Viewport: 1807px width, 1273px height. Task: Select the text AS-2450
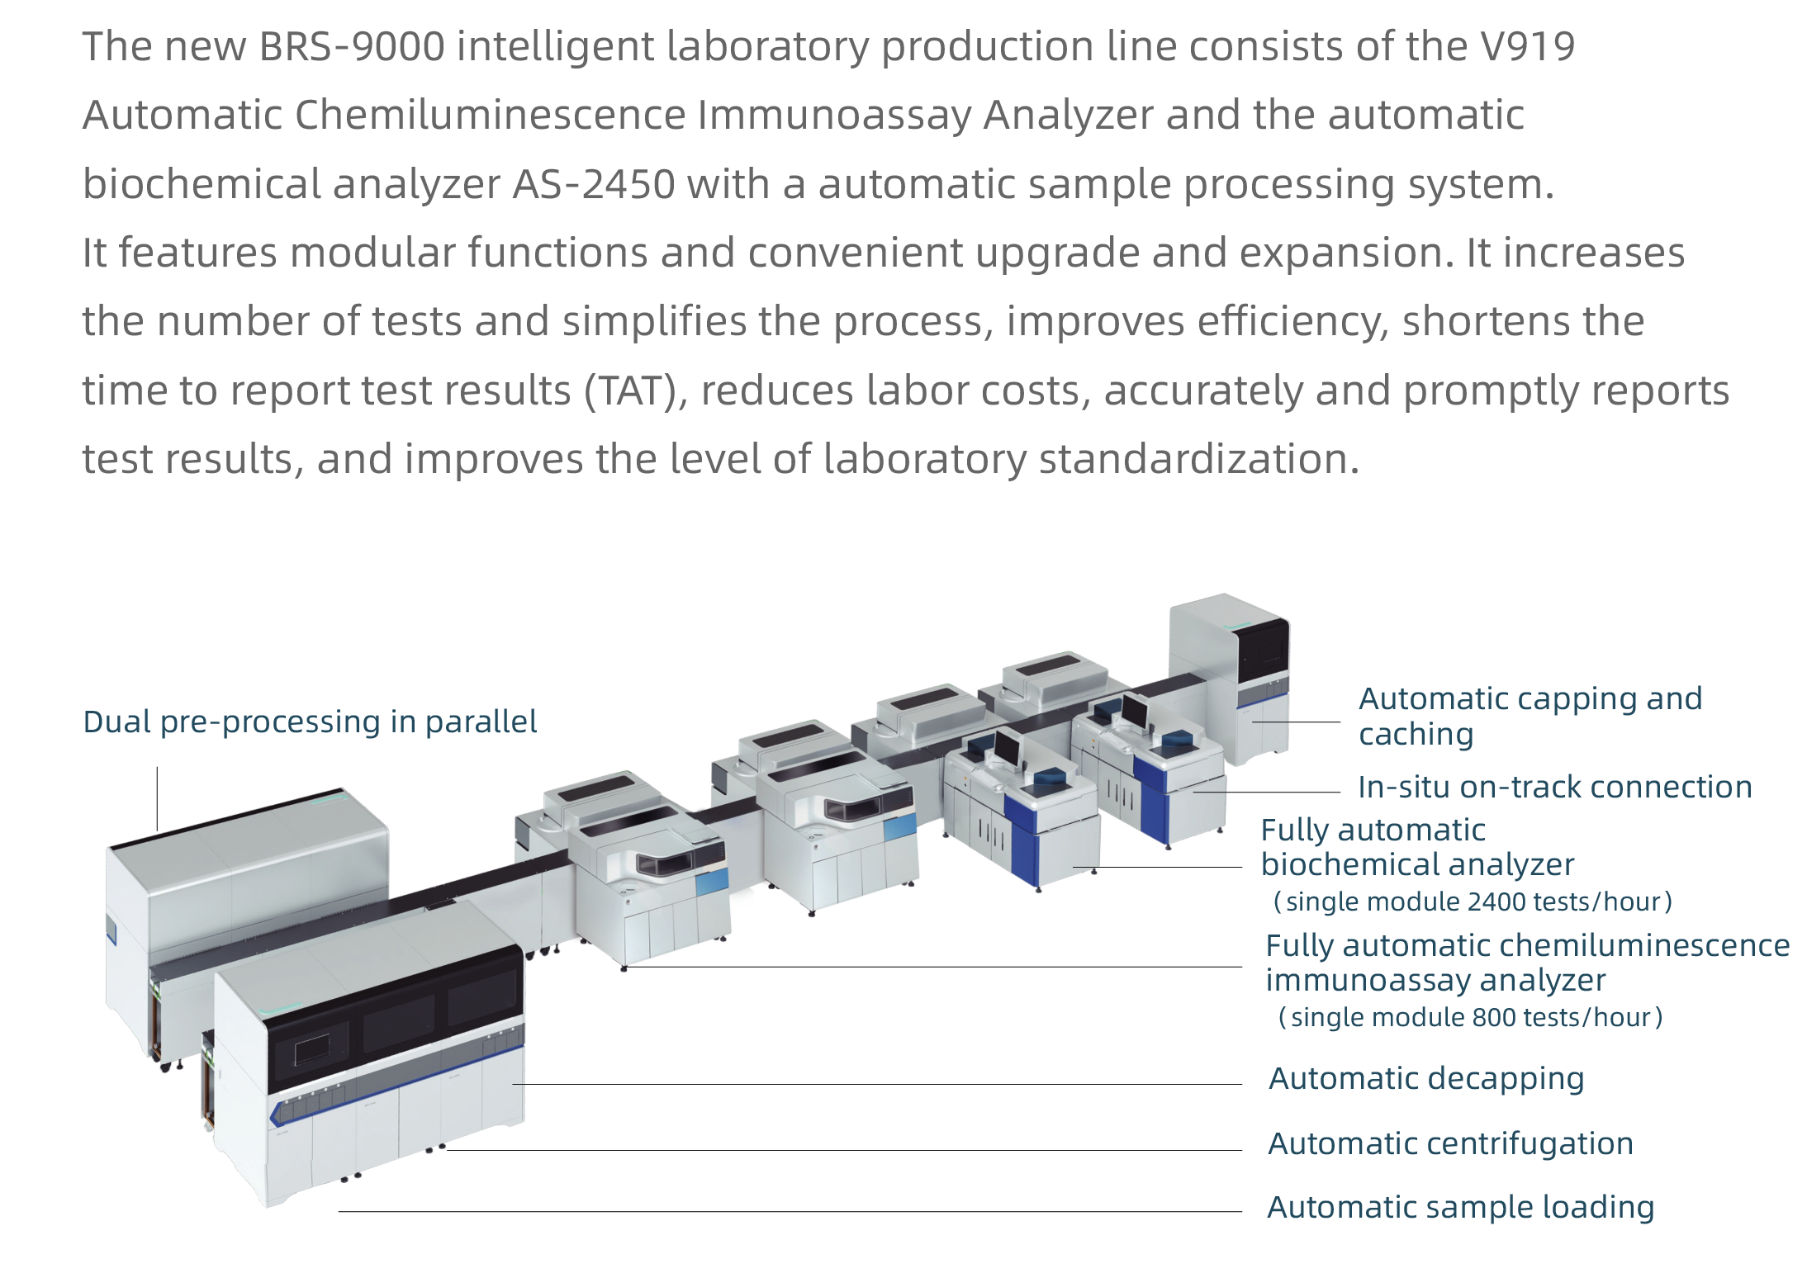coord(593,184)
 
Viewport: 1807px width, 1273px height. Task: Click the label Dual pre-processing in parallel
coord(310,722)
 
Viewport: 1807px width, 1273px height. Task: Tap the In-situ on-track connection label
coord(1554,788)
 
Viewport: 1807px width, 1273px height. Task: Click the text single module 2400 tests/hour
coord(1473,902)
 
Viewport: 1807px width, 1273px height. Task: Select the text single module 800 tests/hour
coord(1470,1017)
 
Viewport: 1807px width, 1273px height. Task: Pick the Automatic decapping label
coord(1426,1079)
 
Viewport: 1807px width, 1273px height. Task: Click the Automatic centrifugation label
coord(1450,1144)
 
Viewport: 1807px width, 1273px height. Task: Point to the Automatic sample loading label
coord(1460,1208)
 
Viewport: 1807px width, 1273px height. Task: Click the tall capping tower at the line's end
coord(1228,677)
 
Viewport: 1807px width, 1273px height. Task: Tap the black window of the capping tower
coord(1263,652)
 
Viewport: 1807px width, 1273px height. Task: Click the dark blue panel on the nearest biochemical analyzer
coord(1025,838)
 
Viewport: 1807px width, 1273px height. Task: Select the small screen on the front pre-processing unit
coord(311,1049)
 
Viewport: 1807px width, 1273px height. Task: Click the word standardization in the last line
coord(1198,459)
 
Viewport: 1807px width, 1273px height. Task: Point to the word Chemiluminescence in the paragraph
coord(490,116)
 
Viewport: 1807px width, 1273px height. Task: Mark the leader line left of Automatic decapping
coord(875,1084)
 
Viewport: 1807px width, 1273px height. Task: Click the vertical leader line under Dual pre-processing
coord(157,797)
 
